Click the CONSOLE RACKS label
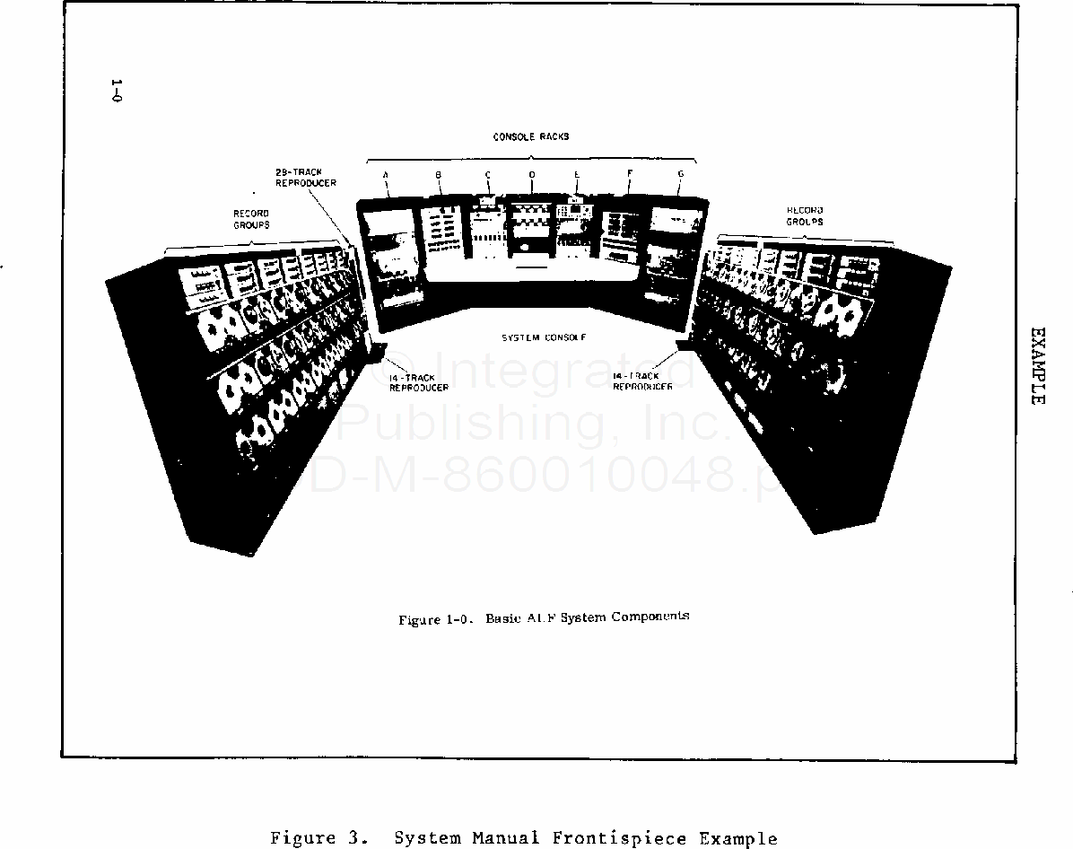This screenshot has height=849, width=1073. click(x=531, y=136)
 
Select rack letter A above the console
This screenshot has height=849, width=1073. click(x=386, y=174)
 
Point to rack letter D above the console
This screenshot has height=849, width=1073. click(x=532, y=174)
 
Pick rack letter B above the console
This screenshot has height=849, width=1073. click(x=439, y=174)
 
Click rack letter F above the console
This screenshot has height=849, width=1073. click(x=629, y=174)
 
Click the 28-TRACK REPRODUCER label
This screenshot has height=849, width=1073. click(x=305, y=177)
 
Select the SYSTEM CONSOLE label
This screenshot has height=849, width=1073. click(x=544, y=337)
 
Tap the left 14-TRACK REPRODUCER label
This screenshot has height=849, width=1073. click(x=418, y=382)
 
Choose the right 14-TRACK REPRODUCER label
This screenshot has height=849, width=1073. click(x=642, y=381)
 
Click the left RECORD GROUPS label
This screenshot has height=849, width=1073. click(x=251, y=219)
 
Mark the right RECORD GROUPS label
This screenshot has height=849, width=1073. click(x=805, y=215)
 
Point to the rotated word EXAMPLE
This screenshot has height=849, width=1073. click(x=1037, y=365)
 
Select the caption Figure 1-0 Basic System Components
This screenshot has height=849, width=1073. click(x=544, y=618)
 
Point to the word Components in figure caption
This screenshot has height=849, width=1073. click(x=650, y=617)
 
